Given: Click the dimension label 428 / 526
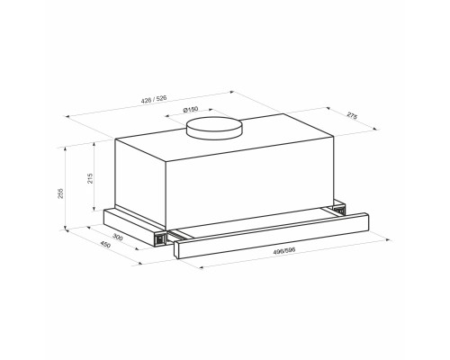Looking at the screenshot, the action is tap(154, 99).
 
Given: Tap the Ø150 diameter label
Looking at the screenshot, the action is tap(191, 110).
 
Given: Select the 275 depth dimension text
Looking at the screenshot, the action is tap(352, 115).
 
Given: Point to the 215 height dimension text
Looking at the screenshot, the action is tap(90, 178).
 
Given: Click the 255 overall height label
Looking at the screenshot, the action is tap(60, 193).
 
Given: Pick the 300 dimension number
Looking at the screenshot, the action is tap(118, 237).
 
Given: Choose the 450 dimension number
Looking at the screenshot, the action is tap(105, 244).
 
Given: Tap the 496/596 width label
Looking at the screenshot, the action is tap(284, 250).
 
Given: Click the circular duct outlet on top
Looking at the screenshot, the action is tap(214, 128).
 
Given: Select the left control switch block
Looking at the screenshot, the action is tap(160, 238).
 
